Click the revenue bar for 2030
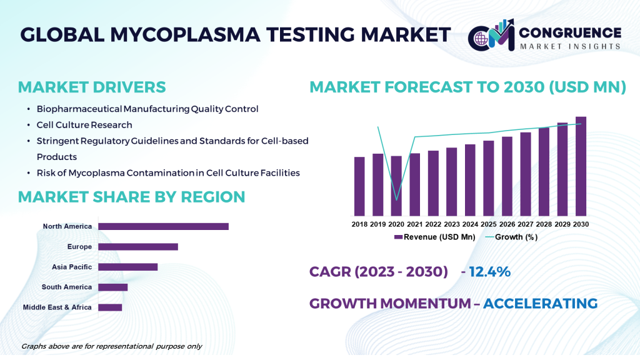coord(581,166)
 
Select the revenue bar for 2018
coord(359,186)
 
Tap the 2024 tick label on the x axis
coord(470,224)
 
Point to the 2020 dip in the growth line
coord(396,199)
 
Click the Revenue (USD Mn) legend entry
coord(434,237)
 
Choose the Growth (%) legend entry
coord(509,237)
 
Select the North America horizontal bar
coord(163,226)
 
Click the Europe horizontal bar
coord(138,246)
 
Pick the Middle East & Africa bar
coord(110,307)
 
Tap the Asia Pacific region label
coord(72,267)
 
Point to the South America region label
coord(67,287)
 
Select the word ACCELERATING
coord(540,304)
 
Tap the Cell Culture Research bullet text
coord(84,125)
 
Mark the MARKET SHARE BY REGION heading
coord(131,197)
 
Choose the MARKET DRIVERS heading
coord(92,87)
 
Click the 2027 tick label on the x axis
coord(525,224)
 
